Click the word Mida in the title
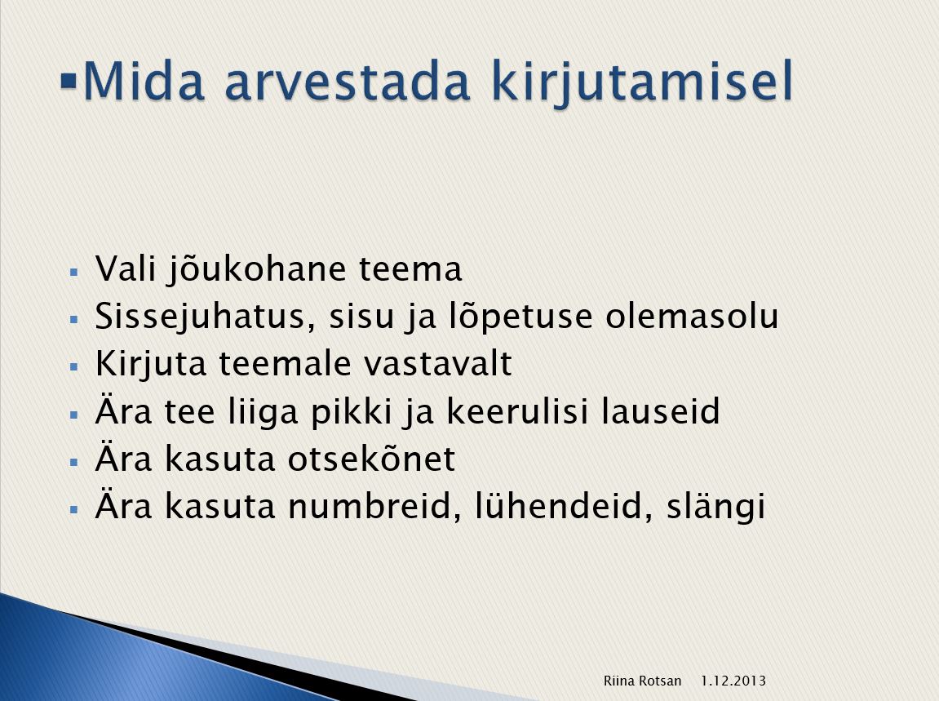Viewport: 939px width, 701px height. coord(144,80)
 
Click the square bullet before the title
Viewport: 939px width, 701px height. coord(69,80)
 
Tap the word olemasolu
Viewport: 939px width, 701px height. coord(692,317)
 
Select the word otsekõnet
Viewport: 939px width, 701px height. coord(371,459)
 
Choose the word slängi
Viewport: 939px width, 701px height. coord(715,508)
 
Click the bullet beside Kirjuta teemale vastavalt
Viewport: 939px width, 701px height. coord(74,366)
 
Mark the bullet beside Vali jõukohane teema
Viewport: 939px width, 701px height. coord(74,272)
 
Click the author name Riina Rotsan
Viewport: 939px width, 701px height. coord(642,681)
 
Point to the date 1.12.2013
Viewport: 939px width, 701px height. coord(733,681)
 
